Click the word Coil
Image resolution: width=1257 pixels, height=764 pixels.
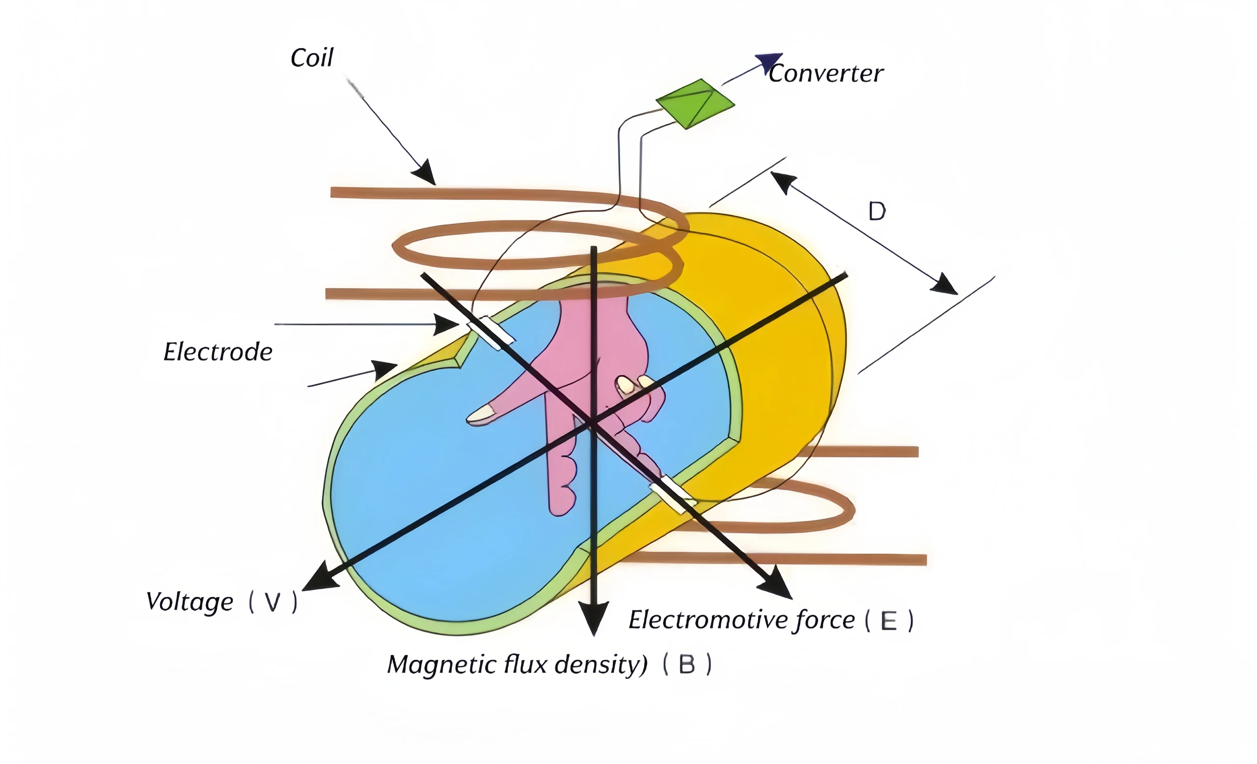(312, 57)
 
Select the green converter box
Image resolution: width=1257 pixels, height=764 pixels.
(695, 104)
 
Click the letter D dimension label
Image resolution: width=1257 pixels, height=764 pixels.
(877, 211)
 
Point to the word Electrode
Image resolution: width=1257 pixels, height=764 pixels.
(218, 352)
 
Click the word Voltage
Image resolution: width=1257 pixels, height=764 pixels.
(190, 602)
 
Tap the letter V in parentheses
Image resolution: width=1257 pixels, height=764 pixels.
(273, 603)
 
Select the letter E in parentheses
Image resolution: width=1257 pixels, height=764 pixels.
(889, 621)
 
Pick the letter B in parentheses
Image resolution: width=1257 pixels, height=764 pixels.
(686, 665)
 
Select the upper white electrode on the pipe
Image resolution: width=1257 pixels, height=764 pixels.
(491, 332)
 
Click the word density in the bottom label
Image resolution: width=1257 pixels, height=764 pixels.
(601, 664)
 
